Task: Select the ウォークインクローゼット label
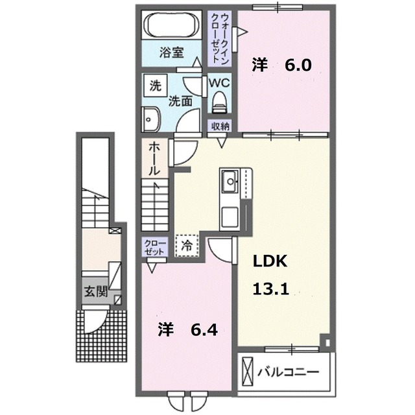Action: (x=219, y=37)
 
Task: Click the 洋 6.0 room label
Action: (x=281, y=64)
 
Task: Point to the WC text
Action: (x=218, y=82)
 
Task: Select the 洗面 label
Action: (x=180, y=101)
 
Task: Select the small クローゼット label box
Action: (x=156, y=246)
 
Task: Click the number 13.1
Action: (x=270, y=290)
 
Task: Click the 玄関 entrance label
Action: (x=95, y=292)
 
